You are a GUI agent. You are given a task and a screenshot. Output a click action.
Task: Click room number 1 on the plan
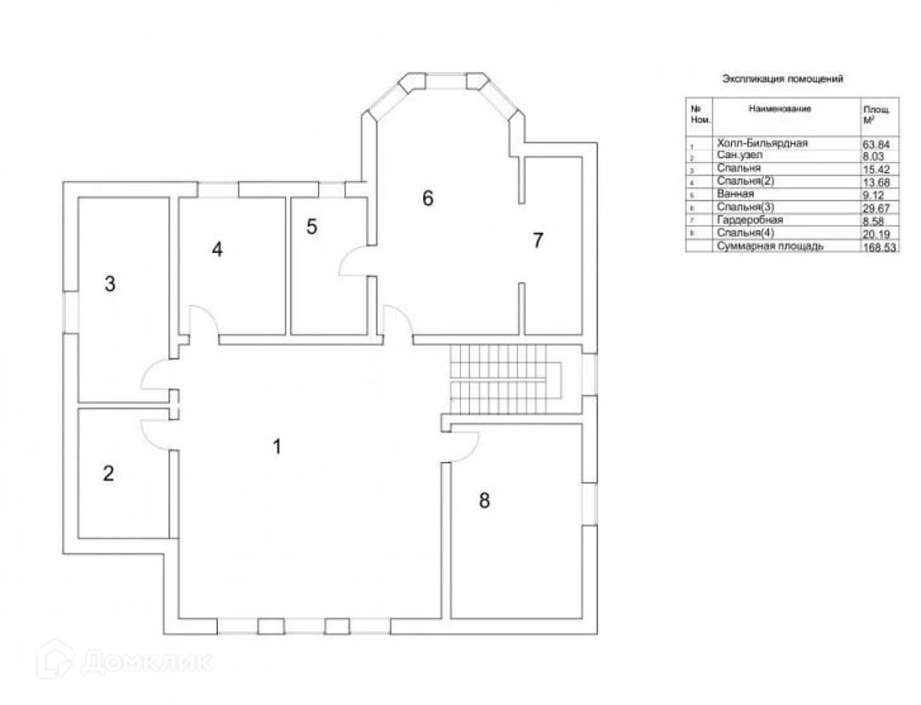[x=278, y=446]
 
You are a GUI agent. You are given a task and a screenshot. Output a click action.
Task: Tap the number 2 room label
[x=108, y=473]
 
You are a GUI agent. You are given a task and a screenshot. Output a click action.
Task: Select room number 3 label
[x=110, y=285]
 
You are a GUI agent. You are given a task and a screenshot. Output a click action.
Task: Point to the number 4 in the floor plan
[x=218, y=249]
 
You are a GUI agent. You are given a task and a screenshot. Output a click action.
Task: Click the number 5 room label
[x=311, y=227]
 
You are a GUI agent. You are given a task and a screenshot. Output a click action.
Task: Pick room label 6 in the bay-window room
[x=427, y=198]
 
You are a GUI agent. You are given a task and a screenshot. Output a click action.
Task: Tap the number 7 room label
[x=537, y=240]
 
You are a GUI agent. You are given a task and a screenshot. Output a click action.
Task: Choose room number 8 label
[x=484, y=501]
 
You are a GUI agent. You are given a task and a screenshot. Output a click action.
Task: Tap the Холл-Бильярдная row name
[x=761, y=143]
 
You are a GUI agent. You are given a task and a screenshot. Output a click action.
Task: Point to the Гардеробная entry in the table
[x=750, y=219]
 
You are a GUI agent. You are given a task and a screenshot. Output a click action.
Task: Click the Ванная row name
[x=736, y=194]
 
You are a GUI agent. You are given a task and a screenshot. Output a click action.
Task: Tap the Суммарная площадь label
[x=770, y=246]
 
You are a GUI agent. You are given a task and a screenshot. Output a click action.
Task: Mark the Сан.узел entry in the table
[x=741, y=156]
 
